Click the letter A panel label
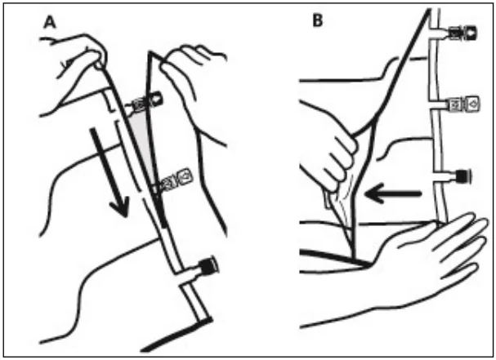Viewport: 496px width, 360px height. [x=50, y=23]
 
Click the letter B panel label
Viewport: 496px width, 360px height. [x=318, y=21]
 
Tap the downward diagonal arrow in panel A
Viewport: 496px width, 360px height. [x=109, y=172]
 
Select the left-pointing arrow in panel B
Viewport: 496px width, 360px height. [x=392, y=193]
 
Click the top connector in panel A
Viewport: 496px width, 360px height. [x=146, y=101]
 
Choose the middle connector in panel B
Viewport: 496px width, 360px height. [x=458, y=104]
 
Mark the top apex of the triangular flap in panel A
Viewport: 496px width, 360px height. [x=150, y=51]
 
